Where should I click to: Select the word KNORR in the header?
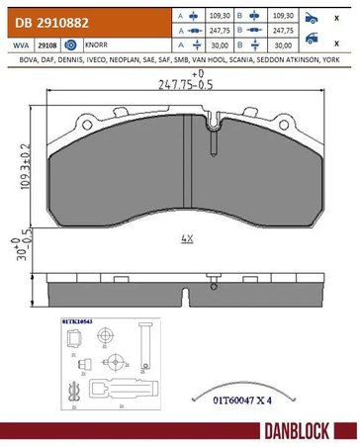tap(97, 45)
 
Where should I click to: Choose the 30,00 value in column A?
tap(219, 45)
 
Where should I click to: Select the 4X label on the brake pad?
tap(187, 238)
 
